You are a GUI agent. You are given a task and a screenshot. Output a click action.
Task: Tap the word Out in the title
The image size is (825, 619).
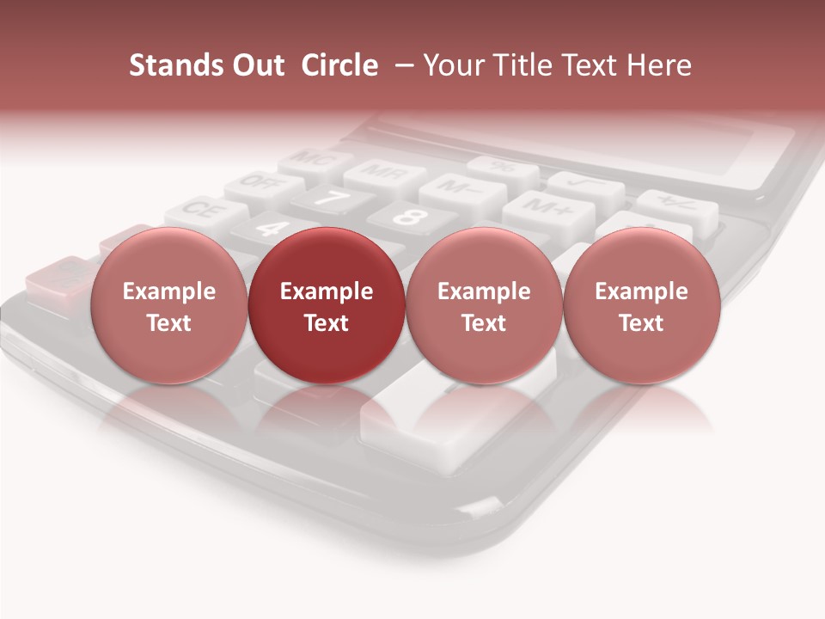point(255,65)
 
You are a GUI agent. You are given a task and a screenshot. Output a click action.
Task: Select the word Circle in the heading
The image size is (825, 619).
point(339,65)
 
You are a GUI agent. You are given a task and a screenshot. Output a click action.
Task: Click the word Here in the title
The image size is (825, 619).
point(657,65)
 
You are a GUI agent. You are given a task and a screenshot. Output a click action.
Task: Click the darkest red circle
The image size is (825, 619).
point(327,305)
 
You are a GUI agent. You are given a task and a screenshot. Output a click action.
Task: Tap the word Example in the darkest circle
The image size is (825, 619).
point(327,291)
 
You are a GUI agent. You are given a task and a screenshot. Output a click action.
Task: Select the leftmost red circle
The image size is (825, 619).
point(168,305)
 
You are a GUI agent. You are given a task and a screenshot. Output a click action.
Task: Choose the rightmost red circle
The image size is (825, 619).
point(641,305)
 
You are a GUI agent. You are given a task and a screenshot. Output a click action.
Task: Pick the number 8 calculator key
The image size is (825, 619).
point(411,217)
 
